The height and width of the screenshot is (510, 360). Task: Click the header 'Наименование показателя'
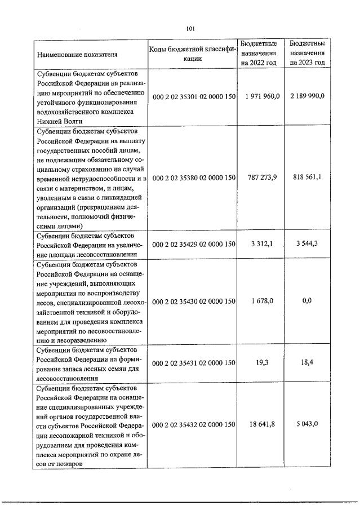point(78,55)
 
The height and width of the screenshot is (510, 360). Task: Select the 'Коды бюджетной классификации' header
point(193,54)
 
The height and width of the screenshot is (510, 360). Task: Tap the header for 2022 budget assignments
point(259,53)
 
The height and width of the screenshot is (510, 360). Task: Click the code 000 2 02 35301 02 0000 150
point(193,96)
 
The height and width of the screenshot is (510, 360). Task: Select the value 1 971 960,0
point(259,96)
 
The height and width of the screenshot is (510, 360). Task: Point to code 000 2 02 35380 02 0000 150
point(193,178)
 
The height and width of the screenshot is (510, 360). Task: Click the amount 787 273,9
point(259,178)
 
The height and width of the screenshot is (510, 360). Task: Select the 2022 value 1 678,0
point(259,301)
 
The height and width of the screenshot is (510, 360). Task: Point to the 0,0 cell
point(308,301)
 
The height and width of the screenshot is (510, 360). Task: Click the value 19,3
point(259,362)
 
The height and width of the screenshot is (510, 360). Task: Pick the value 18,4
point(308,362)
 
